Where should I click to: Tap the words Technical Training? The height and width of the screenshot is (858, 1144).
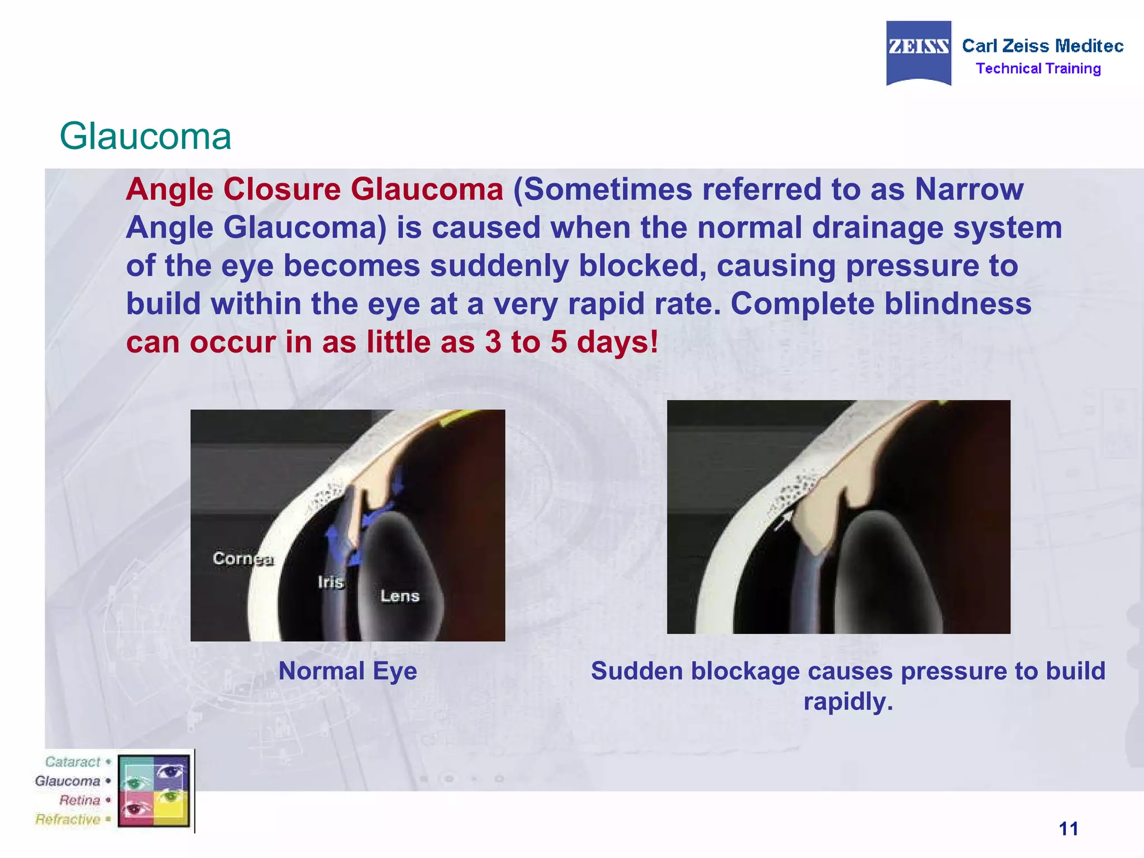(x=1038, y=69)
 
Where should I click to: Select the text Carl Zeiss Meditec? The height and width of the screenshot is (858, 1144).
(x=1042, y=46)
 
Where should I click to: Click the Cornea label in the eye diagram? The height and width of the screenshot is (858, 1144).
(x=243, y=559)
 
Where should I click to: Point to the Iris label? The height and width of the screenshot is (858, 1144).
(x=331, y=582)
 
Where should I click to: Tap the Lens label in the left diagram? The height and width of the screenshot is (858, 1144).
(x=399, y=596)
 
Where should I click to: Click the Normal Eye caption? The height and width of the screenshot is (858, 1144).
(x=347, y=671)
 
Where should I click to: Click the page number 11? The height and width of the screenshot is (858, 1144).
(x=1068, y=828)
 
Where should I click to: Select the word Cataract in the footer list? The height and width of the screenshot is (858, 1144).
(x=73, y=762)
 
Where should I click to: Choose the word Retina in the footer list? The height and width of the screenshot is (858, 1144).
(x=79, y=800)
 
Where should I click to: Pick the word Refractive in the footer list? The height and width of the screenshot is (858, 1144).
(x=68, y=819)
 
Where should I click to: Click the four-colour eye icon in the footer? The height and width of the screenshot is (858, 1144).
(x=154, y=790)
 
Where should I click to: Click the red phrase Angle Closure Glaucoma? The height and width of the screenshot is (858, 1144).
(x=314, y=189)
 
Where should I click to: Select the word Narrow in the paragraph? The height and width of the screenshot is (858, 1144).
(x=969, y=189)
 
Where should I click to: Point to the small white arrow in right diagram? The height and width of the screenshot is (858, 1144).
(x=783, y=521)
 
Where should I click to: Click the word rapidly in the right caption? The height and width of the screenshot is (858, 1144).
(x=848, y=701)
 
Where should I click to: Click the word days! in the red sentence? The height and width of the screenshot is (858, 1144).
(x=617, y=342)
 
